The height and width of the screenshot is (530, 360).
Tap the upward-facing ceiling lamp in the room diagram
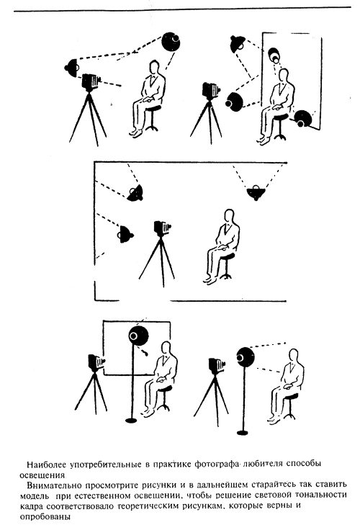pyautogui.click(x=256, y=192)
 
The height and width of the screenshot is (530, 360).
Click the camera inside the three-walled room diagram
pyautogui.click(x=162, y=228)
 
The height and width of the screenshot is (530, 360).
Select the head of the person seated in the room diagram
pyautogui.click(x=230, y=216)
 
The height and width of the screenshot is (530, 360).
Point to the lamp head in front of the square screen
pyautogui.click(x=138, y=336)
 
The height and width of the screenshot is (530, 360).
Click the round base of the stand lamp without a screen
pyautogui.click(x=243, y=432)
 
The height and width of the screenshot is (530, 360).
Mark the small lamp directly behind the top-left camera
pyautogui.click(x=72, y=67)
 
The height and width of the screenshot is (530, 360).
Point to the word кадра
pyautogui.click(x=32, y=507)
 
